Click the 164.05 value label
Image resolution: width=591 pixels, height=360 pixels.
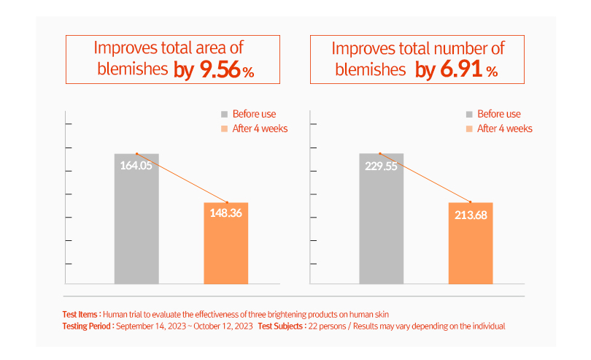point(136,165)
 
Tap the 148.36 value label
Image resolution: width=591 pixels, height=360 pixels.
point(225,213)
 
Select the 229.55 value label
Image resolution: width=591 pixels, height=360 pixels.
point(381,165)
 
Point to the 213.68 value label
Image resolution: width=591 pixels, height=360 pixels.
point(471,213)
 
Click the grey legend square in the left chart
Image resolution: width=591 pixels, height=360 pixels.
point(225,114)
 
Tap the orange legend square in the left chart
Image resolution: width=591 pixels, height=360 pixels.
point(225,129)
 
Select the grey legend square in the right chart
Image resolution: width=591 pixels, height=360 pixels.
point(470,114)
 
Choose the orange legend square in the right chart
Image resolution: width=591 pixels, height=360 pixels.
point(470,129)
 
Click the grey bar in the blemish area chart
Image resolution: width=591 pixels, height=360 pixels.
point(136,226)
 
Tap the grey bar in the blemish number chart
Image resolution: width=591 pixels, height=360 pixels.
point(381,226)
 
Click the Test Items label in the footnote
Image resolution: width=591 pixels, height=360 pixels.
point(81,314)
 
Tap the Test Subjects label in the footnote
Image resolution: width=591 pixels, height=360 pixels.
point(282,326)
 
